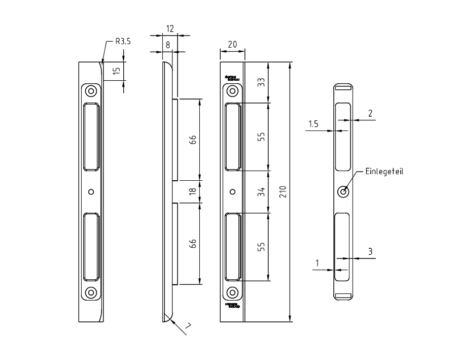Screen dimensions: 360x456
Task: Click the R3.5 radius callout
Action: point(123,42)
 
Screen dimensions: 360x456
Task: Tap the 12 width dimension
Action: point(170,29)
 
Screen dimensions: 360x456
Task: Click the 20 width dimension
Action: point(232,44)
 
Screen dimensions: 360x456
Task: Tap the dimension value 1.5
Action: point(313,123)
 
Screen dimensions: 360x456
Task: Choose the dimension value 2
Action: point(370,113)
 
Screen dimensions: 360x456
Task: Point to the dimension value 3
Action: point(370,251)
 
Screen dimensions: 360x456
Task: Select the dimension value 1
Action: point(317,263)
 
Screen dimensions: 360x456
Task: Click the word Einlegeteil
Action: point(384,171)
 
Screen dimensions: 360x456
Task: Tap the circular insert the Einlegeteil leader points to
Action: point(343,192)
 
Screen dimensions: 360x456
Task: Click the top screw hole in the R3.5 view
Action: point(91,91)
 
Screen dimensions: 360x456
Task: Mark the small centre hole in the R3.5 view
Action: point(91,192)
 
